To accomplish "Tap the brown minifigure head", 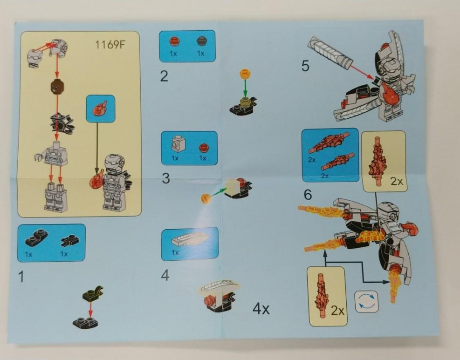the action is pyautogui.click(x=57, y=87).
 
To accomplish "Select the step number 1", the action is pyautogui.click(x=21, y=277).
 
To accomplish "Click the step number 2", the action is pyautogui.click(x=164, y=76).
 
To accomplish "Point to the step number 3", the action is pyautogui.click(x=166, y=178).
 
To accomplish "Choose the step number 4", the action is pyautogui.click(x=165, y=276).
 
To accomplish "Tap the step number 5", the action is pyautogui.click(x=305, y=66).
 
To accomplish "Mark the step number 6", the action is pyautogui.click(x=308, y=195).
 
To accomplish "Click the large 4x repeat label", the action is pyautogui.click(x=261, y=309).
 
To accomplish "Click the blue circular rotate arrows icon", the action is pyautogui.click(x=367, y=301).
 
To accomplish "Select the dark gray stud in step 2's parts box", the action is pyautogui.click(x=201, y=41).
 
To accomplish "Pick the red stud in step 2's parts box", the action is pyautogui.click(x=174, y=41).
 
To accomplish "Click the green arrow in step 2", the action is pyautogui.click(x=246, y=87).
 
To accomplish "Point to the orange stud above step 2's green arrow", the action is pyautogui.click(x=245, y=73).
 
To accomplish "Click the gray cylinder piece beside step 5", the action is pyautogui.click(x=329, y=54).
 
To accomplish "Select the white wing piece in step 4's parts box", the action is pyautogui.click(x=191, y=240).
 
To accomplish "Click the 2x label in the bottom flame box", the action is pyautogui.click(x=338, y=310).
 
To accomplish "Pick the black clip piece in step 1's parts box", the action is pyautogui.click(x=69, y=240).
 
